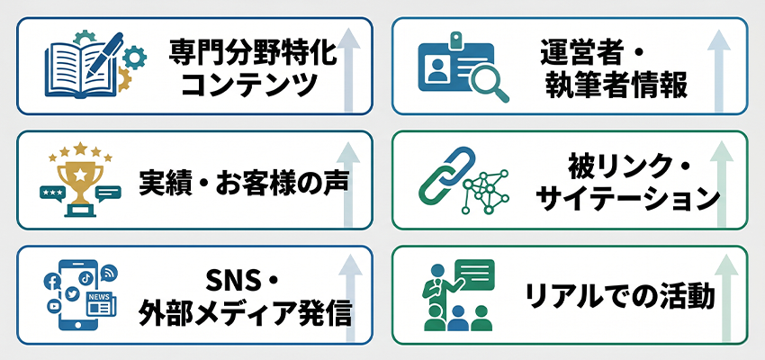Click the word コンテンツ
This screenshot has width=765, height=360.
click(249, 86)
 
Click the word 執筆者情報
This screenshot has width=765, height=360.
click(616, 86)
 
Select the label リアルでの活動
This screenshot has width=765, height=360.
click(619, 294)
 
